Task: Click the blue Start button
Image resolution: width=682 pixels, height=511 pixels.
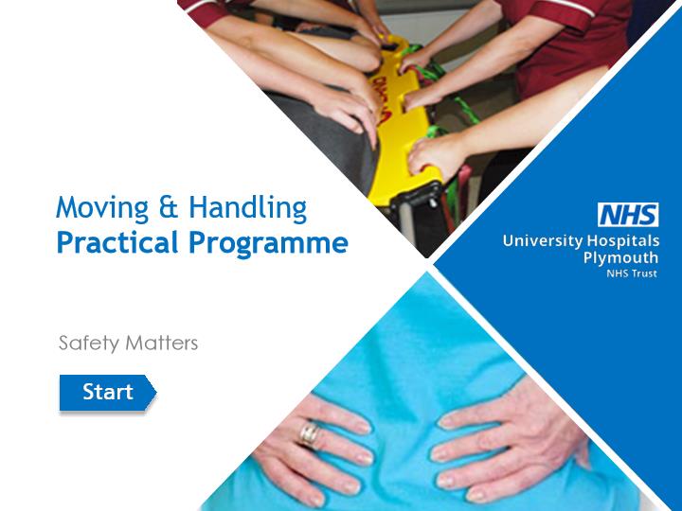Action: [107, 393]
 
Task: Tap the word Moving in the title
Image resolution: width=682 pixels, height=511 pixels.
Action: [102, 208]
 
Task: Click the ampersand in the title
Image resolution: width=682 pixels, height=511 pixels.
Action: [169, 207]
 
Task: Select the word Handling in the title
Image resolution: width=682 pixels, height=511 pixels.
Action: [248, 208]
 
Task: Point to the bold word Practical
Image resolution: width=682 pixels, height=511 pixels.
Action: [117, 242]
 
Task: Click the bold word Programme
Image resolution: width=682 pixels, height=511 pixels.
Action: [268, 244]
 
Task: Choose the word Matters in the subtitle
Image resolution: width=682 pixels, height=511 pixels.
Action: [161, 343]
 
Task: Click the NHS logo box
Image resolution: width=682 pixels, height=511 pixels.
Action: [628, 215]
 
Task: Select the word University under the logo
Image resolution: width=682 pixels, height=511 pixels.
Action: [543, 240]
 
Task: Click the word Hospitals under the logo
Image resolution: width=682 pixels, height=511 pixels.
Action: [623, 240]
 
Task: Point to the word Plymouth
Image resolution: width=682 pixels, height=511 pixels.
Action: [620, 257]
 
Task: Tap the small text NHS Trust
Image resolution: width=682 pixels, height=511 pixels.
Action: [632, 273]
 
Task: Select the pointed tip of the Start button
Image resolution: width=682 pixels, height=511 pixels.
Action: [155, 393]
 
